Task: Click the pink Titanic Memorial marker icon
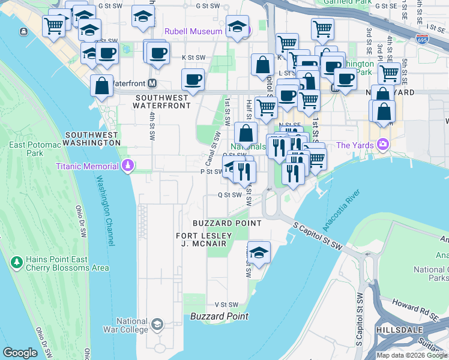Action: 127,166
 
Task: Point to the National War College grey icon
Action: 157,325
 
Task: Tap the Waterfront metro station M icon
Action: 152,83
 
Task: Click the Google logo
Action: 20,353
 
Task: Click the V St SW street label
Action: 226,305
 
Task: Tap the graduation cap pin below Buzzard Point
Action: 259,252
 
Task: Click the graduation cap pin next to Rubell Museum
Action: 238,27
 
